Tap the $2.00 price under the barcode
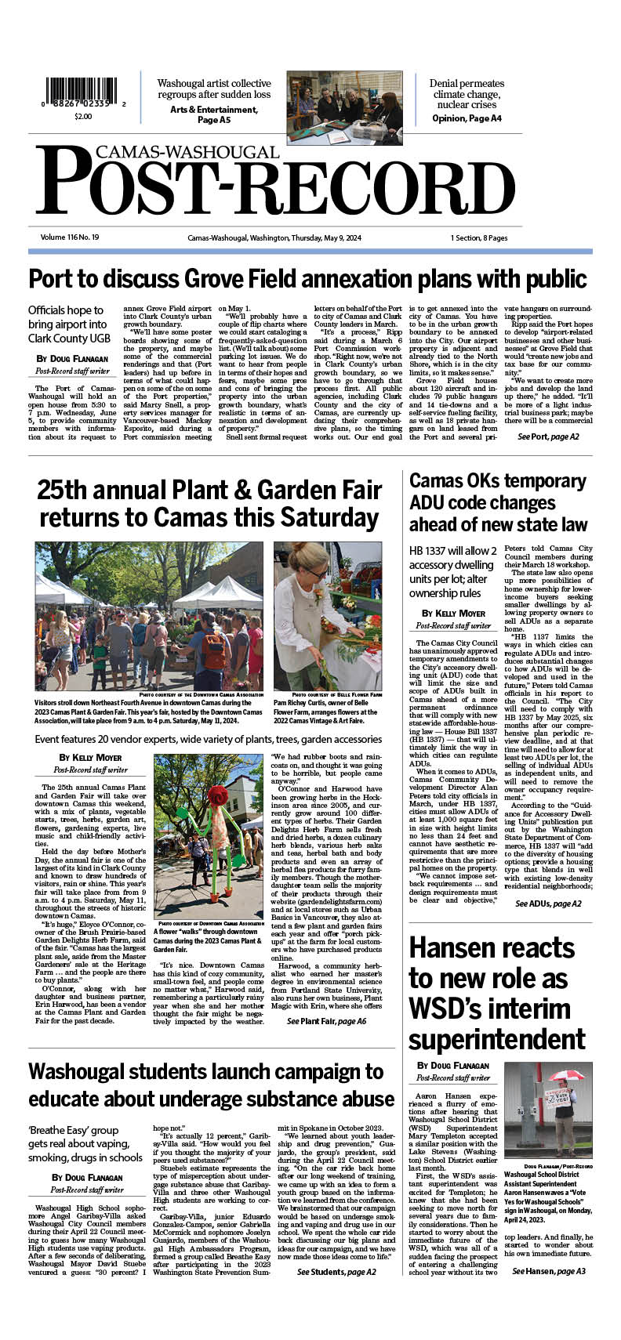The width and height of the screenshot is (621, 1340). click(x=83, y=117)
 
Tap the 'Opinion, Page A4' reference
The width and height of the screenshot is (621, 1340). click(x=467, y=118)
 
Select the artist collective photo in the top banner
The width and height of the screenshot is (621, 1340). click(x=344, y=107)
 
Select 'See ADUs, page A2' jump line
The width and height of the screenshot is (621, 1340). click(x=548, y=904)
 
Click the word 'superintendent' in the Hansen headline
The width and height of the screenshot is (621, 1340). click(x=496, y=1039)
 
